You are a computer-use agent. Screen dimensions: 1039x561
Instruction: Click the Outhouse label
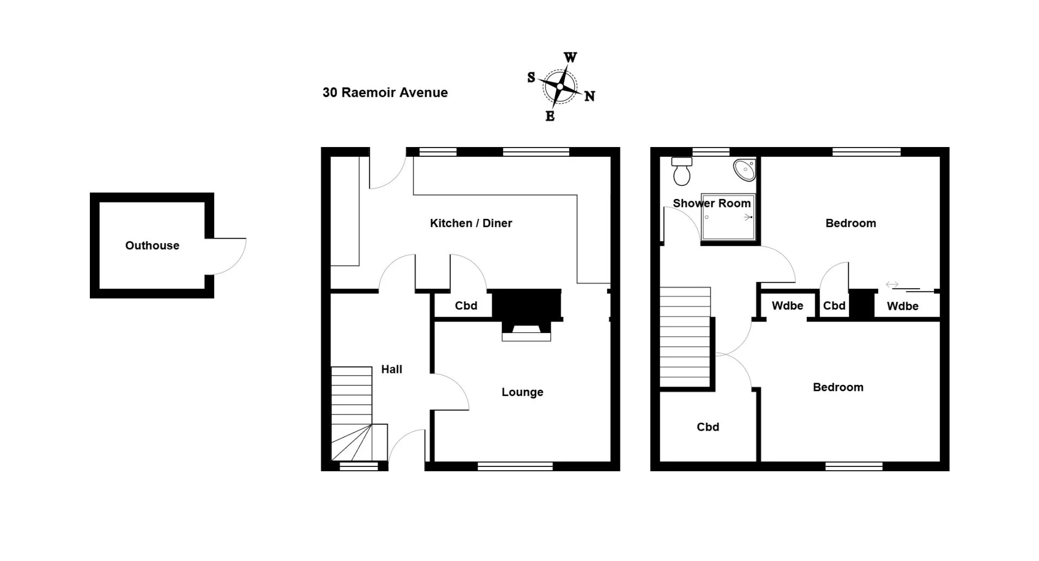152,245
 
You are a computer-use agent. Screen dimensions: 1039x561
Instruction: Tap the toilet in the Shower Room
681,171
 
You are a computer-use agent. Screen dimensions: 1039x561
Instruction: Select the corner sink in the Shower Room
744,170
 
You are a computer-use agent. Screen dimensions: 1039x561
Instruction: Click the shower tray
728,217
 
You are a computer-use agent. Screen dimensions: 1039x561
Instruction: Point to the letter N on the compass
589,96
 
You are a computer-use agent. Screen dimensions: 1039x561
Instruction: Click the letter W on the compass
570,57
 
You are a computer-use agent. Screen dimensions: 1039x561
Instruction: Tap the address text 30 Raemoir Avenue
385,92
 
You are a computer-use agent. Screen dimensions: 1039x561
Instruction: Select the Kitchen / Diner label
471,223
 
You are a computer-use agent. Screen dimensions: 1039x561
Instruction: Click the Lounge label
522,392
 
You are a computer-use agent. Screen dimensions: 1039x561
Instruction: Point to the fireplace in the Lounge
527,315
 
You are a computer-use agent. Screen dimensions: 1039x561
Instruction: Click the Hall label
391,369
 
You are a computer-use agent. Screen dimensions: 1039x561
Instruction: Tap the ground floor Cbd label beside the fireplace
466,306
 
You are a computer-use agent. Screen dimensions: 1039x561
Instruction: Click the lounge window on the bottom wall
515,466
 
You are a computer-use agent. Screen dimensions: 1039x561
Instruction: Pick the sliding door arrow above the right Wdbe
892,284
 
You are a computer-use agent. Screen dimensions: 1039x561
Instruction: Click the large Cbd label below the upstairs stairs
708,427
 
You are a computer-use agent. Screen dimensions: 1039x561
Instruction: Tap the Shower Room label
712,203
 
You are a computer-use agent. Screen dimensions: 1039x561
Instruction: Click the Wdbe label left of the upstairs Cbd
787,306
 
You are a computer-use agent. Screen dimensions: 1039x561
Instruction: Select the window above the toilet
711,152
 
